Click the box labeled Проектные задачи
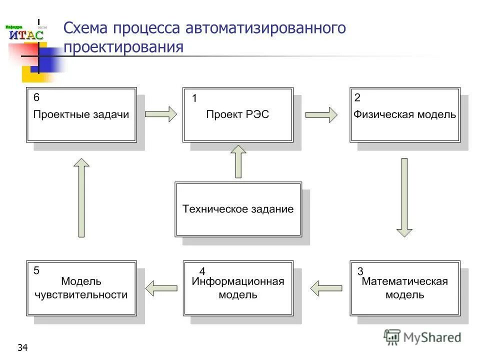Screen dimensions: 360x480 pos(81,115)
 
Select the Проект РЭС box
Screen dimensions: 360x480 pos(237,115)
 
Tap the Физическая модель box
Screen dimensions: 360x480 pos(405,115)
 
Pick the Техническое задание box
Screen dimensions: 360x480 pos(238,209)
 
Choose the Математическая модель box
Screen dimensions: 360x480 pos(405,288)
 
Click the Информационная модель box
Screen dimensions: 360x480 pos(238,288)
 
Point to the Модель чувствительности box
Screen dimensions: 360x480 pos(81,288)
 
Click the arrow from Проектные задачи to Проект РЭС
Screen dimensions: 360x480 pos(160,114)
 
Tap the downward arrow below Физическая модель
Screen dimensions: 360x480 pos(404,197)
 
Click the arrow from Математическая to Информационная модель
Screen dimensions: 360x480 pos(326,287)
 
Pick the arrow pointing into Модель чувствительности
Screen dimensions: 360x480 pos(161,287)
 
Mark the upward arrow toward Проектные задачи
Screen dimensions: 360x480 pos(81,197)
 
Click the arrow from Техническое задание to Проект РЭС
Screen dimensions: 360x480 pos(238,161)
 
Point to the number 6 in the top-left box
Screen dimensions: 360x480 pos(36,98)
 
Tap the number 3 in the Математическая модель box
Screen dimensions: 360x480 pos(360,272)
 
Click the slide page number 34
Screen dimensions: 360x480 pos(22,347)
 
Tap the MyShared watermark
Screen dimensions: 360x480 pos(422,337)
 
